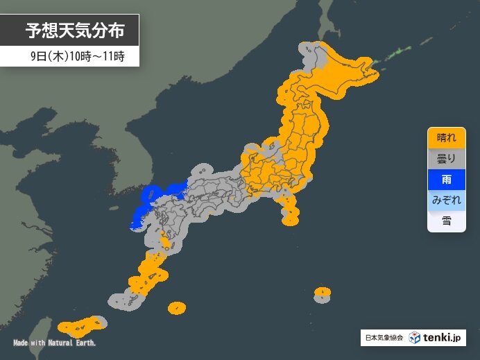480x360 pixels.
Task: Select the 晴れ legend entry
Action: coord(446,137)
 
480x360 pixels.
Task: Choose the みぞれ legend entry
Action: coord(446,200)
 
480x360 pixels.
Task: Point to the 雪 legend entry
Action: coord(446,221)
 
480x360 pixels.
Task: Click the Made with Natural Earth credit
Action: coord(54,343)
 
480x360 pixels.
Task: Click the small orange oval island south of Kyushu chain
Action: coord(177,307)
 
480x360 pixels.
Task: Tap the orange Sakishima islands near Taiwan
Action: coord(80,325)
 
